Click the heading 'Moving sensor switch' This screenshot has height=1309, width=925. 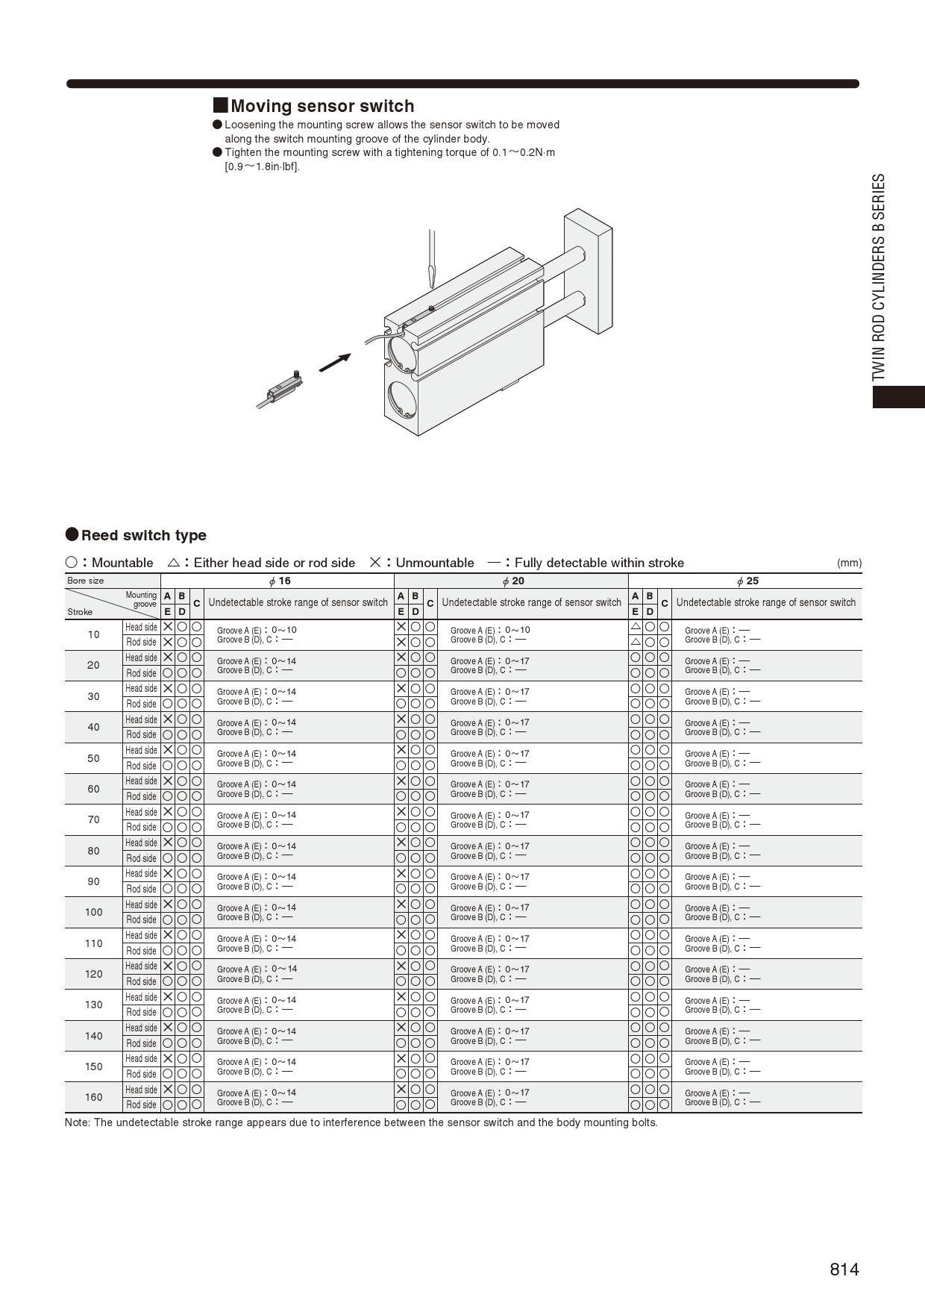coord(322,106)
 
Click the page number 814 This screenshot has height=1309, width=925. coord(844,1269)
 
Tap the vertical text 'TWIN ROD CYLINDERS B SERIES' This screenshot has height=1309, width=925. coord(879,278)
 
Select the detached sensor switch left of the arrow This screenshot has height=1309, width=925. coord(283,388)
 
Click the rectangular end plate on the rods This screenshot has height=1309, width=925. coord(589,270)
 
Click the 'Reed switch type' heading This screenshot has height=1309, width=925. coord(143,535)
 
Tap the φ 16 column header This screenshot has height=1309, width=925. coord(280,581)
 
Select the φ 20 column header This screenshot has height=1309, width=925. coord(513,581)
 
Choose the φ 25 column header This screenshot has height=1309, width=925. coord(747,581)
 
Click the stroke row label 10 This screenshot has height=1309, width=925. coord(93,634)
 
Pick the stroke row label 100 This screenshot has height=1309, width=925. coord(93,912)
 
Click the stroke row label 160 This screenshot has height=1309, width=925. coord(93,1097)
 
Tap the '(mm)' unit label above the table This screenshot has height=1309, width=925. coord(849,563)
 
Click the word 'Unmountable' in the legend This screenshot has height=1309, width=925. coord(434,563)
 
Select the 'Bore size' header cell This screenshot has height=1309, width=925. coord(86,581)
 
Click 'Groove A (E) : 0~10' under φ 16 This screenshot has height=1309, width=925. coord(257,630)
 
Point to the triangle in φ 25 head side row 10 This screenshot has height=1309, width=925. coord(636,627)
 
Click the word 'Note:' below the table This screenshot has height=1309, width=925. coord(78,1122)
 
